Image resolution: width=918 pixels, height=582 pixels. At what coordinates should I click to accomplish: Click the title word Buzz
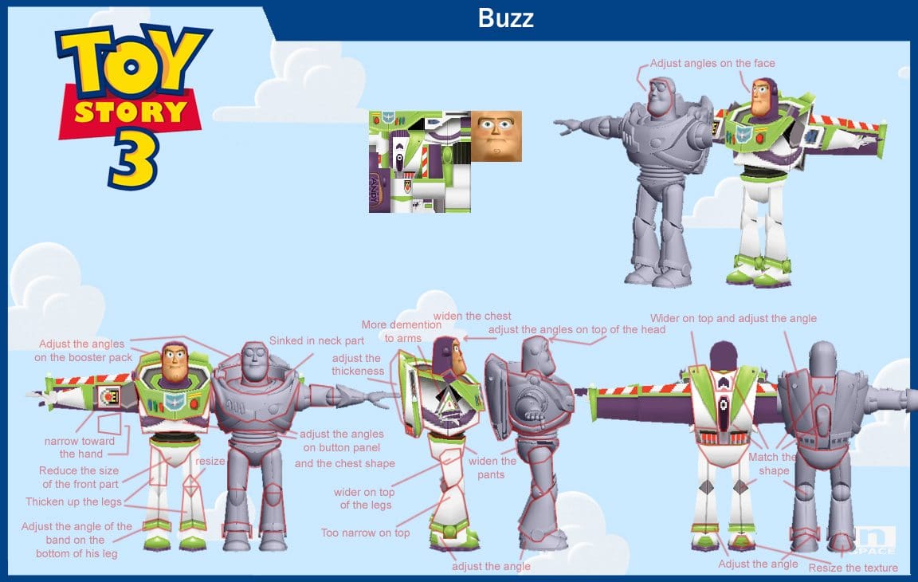point(505,18)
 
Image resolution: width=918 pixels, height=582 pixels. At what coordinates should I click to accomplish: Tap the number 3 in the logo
point(134,159)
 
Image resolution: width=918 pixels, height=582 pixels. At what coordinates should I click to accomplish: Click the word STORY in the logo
point(131,112)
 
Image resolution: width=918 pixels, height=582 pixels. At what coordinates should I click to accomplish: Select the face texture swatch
point(496,136)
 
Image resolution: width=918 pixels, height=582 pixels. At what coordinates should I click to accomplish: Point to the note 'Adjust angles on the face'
point(712,63)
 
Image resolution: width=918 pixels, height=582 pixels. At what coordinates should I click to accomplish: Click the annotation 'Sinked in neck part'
point(316,340)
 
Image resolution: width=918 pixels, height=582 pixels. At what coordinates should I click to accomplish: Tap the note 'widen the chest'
point(472,317)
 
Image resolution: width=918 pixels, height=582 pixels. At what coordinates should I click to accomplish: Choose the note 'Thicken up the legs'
point(74,501)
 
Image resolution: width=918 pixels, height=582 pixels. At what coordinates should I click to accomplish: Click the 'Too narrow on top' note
point(365,533)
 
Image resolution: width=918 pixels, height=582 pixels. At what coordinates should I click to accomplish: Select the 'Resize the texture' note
point(853,568)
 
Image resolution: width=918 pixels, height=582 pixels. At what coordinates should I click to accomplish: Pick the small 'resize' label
point(210,462)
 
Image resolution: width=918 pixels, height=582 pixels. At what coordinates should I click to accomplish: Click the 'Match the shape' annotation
point(773,464)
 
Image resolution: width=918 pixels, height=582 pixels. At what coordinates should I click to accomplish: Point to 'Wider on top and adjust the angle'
point(734,319)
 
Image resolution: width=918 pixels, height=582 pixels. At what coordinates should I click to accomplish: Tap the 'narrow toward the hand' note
point(80,447)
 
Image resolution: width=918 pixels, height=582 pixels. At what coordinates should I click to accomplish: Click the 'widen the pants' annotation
point(492,468)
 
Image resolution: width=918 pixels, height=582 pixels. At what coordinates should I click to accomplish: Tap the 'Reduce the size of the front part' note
point(79,478)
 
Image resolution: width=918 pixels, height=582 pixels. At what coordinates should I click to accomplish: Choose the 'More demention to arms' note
point(402,332)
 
